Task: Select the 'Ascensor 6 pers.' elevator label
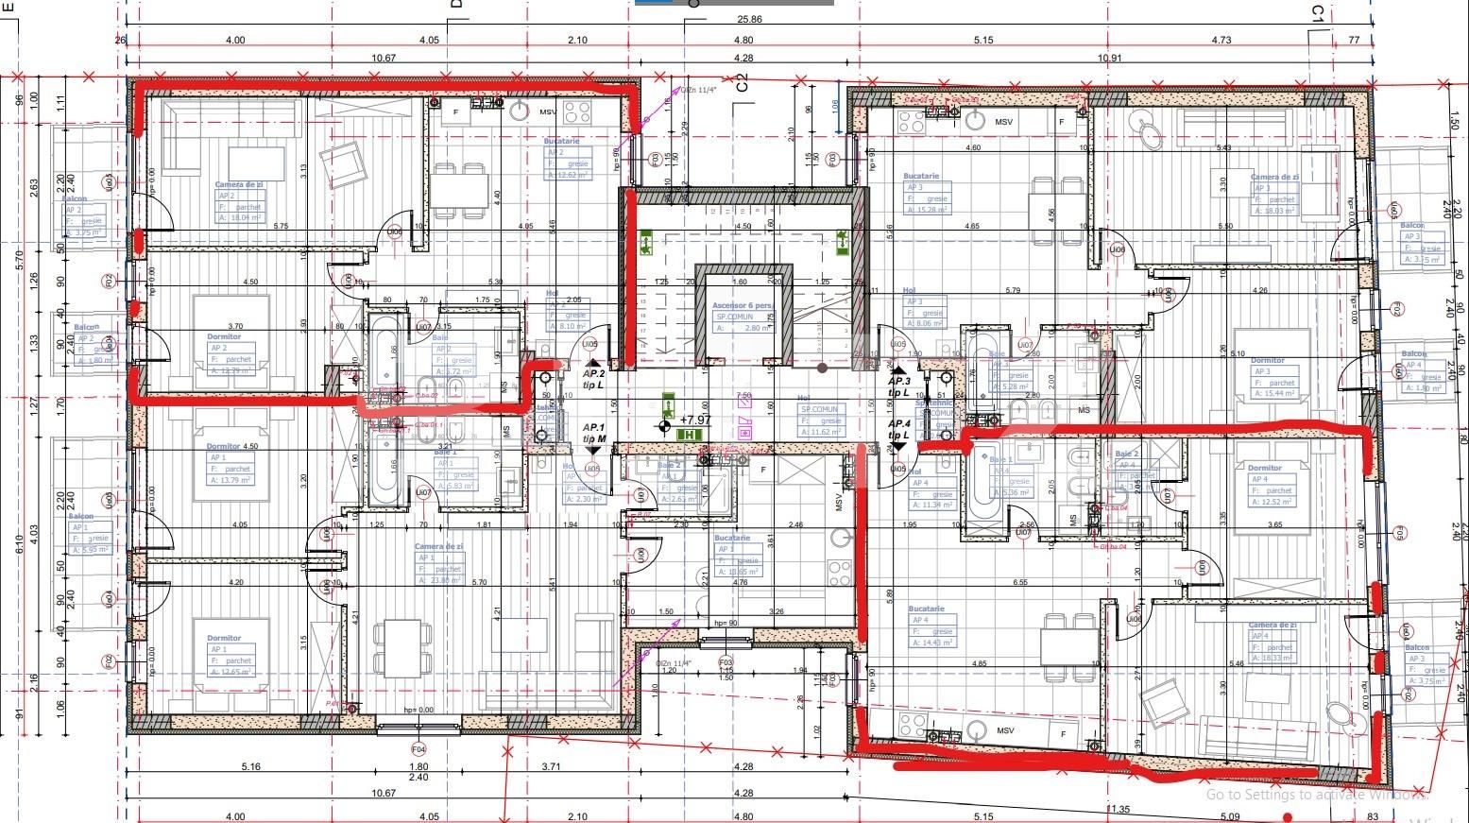point(742,306)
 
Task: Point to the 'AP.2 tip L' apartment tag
point(593,379)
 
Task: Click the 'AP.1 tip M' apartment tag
point(593,434)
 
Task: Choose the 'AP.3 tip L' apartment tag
point(898,386)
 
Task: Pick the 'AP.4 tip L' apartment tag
point(898,430)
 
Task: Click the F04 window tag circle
point(418,749)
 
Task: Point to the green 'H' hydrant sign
point(689,435)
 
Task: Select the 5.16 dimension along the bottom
point(250,766)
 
